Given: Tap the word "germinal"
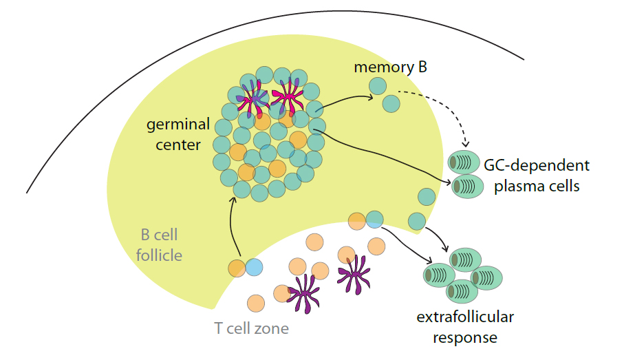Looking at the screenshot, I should point(178,125).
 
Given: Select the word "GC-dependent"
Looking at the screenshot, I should point(537,166).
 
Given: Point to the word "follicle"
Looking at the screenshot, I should point(159,255).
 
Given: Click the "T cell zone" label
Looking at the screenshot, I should point(251,328).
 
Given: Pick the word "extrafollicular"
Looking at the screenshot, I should point(465,317).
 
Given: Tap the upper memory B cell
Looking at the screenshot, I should point(376,86).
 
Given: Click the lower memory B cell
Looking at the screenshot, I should point(391,103).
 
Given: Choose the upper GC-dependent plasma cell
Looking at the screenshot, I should point(466,163).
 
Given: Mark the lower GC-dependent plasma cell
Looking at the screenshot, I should point(468,186).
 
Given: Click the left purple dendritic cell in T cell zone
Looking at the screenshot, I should point(303,294).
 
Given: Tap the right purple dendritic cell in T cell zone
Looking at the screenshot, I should point(354,274).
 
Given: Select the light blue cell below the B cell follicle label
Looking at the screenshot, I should point(253,267).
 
